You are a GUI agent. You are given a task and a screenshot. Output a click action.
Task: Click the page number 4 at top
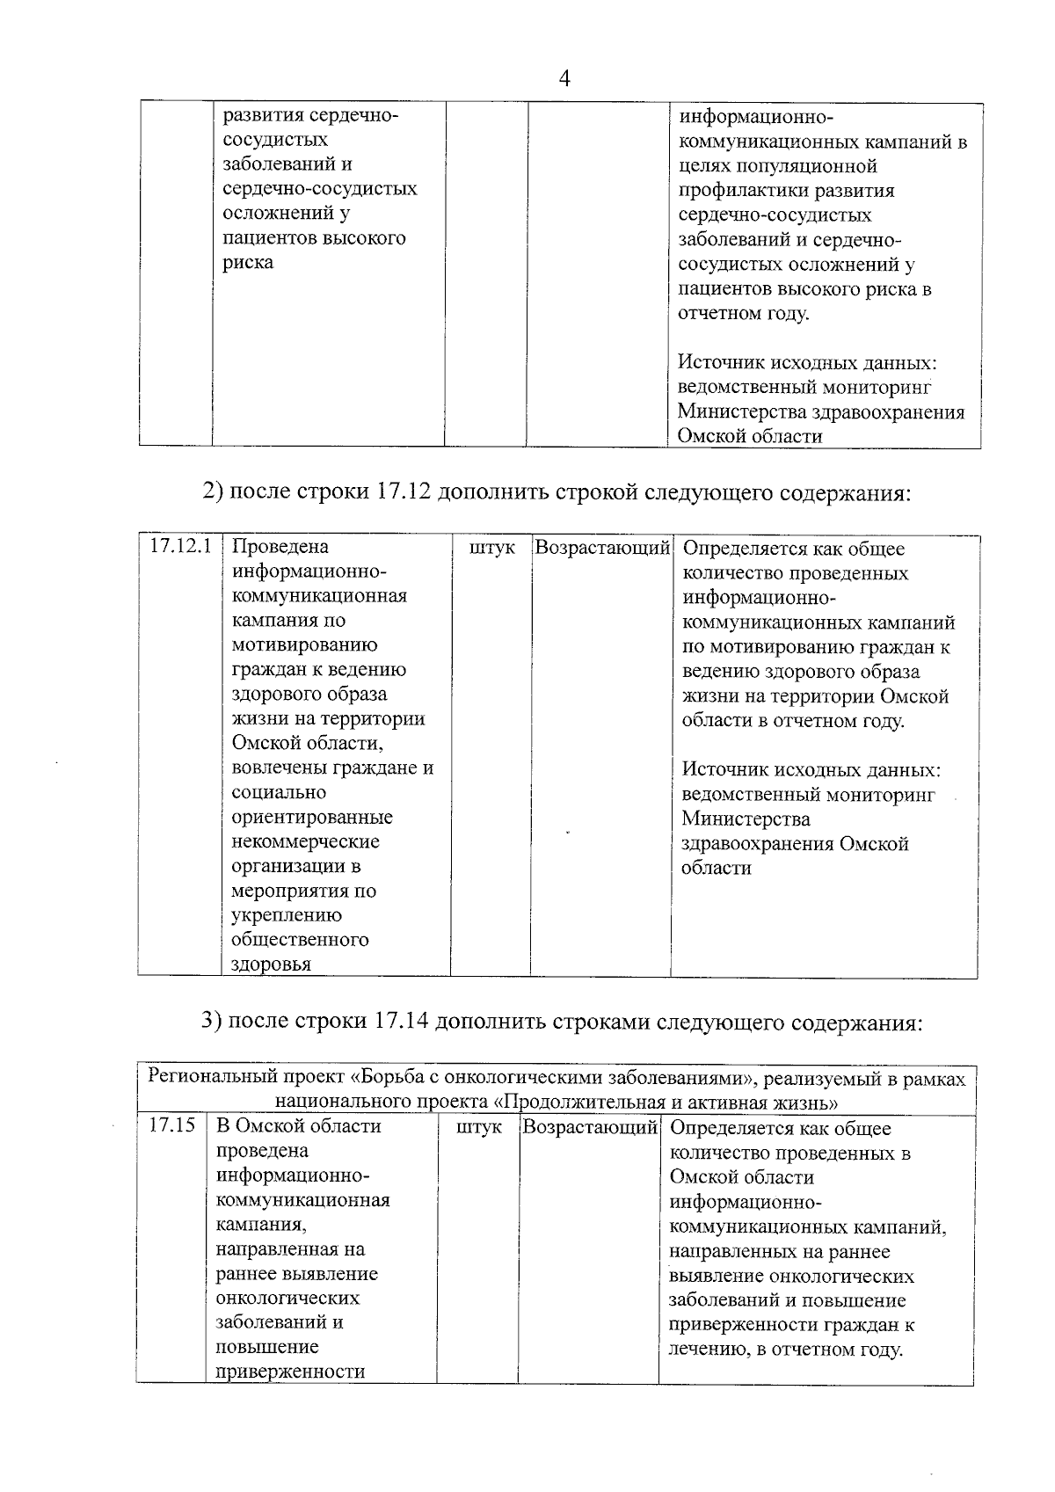[x=564, y=79]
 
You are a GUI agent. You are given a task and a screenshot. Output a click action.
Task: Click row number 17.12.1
[x=180, y=546]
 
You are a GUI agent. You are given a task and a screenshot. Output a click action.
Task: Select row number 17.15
[x=171, y=1126]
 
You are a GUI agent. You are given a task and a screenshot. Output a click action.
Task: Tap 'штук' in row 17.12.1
[x=492, y=548]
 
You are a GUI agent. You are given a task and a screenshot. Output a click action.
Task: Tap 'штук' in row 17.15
[x=479, y=1127]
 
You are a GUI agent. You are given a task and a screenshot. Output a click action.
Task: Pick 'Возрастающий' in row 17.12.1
[x=602, y=548]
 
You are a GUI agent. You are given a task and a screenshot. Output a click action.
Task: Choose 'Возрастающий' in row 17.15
[x=590, y=1127]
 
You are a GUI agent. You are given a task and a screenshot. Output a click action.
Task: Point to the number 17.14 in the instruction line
[x=402, y=1023]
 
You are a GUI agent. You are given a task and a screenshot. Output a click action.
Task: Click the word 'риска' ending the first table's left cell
[x=247, y=263]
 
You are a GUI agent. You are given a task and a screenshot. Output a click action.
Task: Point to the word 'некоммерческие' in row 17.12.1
[x=305, y=842]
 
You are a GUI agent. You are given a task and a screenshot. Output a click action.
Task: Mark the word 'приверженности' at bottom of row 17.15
[x=290, y=1372]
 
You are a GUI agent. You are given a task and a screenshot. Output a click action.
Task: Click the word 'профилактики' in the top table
[x=734, y=191]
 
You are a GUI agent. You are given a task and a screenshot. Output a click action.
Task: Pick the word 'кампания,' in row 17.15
[x=261, y=1225]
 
